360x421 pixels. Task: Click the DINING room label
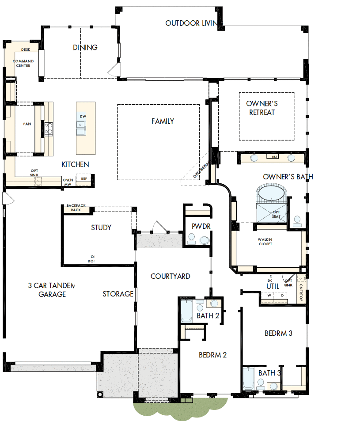click(x=85, y=47)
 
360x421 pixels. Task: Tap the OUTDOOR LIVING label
click(x=194, y=23)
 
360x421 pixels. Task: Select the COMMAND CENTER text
click(x=22, y=63)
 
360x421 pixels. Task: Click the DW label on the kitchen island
click(x=83, y=116)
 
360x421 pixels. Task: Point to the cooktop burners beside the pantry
click(x=49, y=128)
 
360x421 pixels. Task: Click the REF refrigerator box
click(x=84, y=179)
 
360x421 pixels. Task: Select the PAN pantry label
click(x=27, y=124)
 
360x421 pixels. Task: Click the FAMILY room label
click(x=163, y=121)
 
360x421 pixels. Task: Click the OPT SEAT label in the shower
click(x=276, y=214)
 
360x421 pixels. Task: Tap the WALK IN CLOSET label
click(x=265, y=242)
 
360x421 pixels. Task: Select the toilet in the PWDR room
click(x=205, y=240)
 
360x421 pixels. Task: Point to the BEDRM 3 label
click(x=278, y=333)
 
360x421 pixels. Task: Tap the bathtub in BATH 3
click(x=248, y=379)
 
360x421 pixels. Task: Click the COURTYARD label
click(x=171, y=276)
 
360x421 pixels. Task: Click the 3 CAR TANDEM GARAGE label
click(x=51, y=290)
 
